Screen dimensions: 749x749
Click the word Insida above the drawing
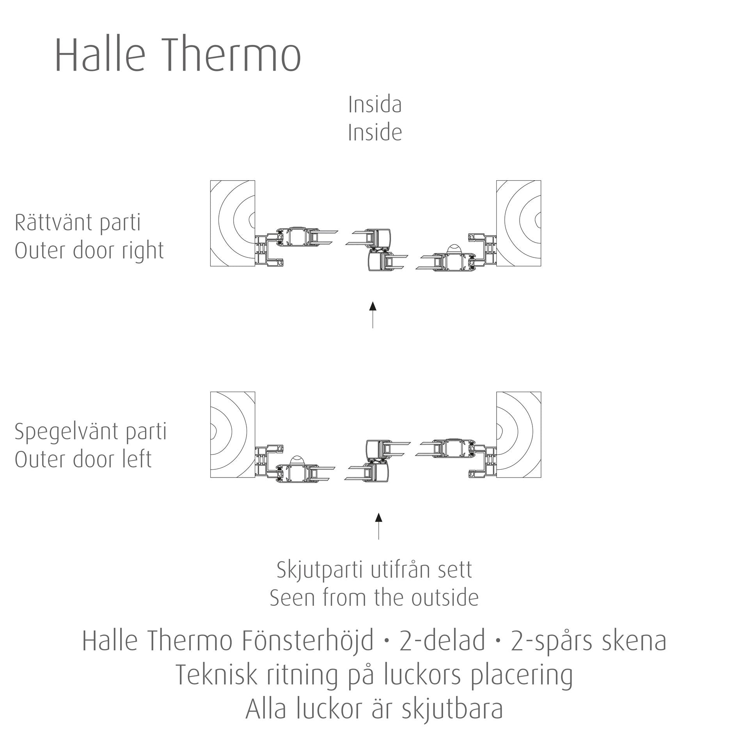pos(375,105)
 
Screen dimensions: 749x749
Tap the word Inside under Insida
pos(375,133)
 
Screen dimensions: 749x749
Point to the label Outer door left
pos(83,459)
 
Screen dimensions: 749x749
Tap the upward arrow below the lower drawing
pos(378,526)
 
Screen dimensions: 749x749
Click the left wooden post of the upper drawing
pos(233,223)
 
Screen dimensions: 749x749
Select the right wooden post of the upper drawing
pos(518,223)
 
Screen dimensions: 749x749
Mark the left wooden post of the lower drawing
pos(233,435)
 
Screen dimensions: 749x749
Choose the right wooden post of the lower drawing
pos(518,435)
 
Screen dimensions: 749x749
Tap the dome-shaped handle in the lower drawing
pos(298,460)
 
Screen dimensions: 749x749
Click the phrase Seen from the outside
pos(374,598)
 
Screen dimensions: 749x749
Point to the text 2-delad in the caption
pos(442,641)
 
